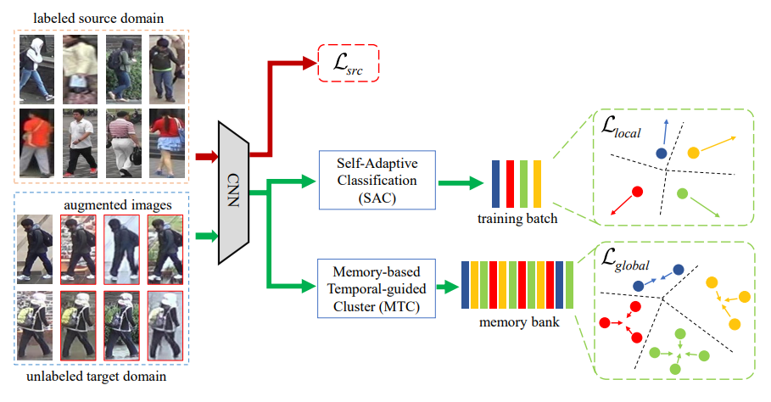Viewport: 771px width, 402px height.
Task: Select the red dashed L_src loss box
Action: tap(348, 62)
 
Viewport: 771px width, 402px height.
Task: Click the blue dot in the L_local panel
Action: tap(661, 153)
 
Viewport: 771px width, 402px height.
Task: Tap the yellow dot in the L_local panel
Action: tap(693, 153)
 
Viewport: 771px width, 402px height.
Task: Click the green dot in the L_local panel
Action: tap(683, 194)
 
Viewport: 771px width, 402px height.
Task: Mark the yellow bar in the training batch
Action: tap(537, 182)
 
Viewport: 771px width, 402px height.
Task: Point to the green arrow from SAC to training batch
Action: tap(459, 181)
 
